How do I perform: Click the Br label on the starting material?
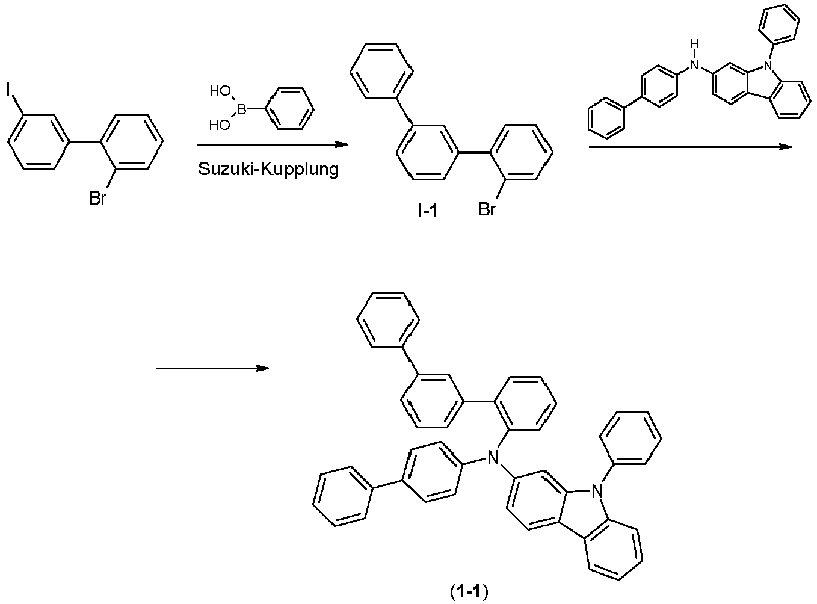97,199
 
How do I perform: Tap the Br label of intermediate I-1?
487,209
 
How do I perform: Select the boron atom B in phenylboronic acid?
242,109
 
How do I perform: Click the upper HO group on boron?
220,92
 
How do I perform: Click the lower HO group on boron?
220,126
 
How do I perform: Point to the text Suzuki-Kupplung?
268,170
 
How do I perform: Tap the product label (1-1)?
469,593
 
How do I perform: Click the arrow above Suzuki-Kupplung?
273,144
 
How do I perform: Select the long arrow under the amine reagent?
690,147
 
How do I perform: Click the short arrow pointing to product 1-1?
212,368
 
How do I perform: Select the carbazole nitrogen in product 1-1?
596,492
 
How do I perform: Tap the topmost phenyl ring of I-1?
381,71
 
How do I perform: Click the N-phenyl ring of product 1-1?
632,437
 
